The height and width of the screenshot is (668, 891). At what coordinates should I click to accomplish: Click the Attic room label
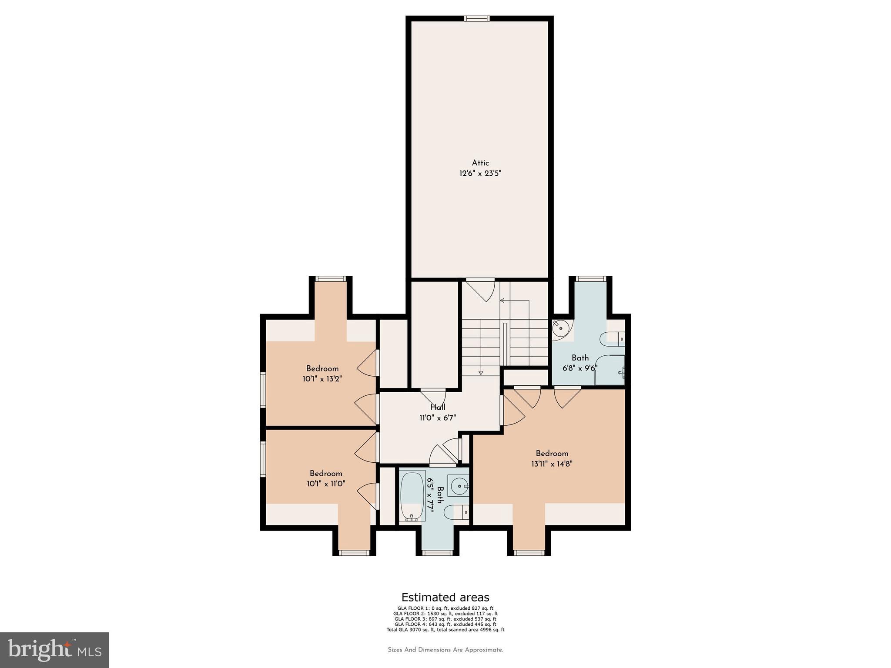click(480, 163)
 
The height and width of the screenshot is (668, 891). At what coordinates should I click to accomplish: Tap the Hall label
click(438, 407)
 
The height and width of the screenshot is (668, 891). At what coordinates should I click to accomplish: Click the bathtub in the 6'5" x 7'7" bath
click(412, 495)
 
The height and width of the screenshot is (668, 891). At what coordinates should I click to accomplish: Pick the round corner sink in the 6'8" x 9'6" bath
click(561, 328)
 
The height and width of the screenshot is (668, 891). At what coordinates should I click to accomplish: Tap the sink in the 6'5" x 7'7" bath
click(458, 485)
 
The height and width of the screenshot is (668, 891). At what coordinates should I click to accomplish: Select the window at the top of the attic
click(476, 18)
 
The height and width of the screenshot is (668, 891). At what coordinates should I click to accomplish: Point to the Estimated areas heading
click(445, 597)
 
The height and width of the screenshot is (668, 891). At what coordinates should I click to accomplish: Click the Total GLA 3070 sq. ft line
click(445, 629)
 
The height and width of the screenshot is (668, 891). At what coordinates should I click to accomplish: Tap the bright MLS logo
click(54, 650)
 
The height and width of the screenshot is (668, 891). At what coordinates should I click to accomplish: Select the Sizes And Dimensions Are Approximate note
click(445, 650)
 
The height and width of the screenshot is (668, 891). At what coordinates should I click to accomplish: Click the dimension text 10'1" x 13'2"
click(322, 379)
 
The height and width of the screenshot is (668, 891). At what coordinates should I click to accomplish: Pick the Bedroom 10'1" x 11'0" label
click(326, 478)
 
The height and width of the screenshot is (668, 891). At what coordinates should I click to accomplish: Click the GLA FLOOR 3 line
click(445, 619)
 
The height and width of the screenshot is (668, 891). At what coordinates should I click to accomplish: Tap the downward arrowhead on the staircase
click(481, 372)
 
